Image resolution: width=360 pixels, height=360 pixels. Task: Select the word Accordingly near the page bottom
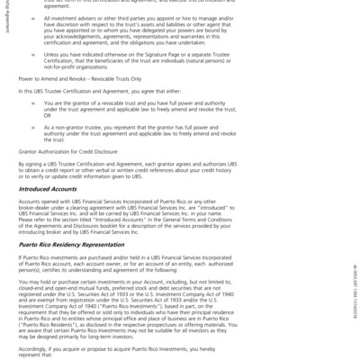[37, 346]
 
